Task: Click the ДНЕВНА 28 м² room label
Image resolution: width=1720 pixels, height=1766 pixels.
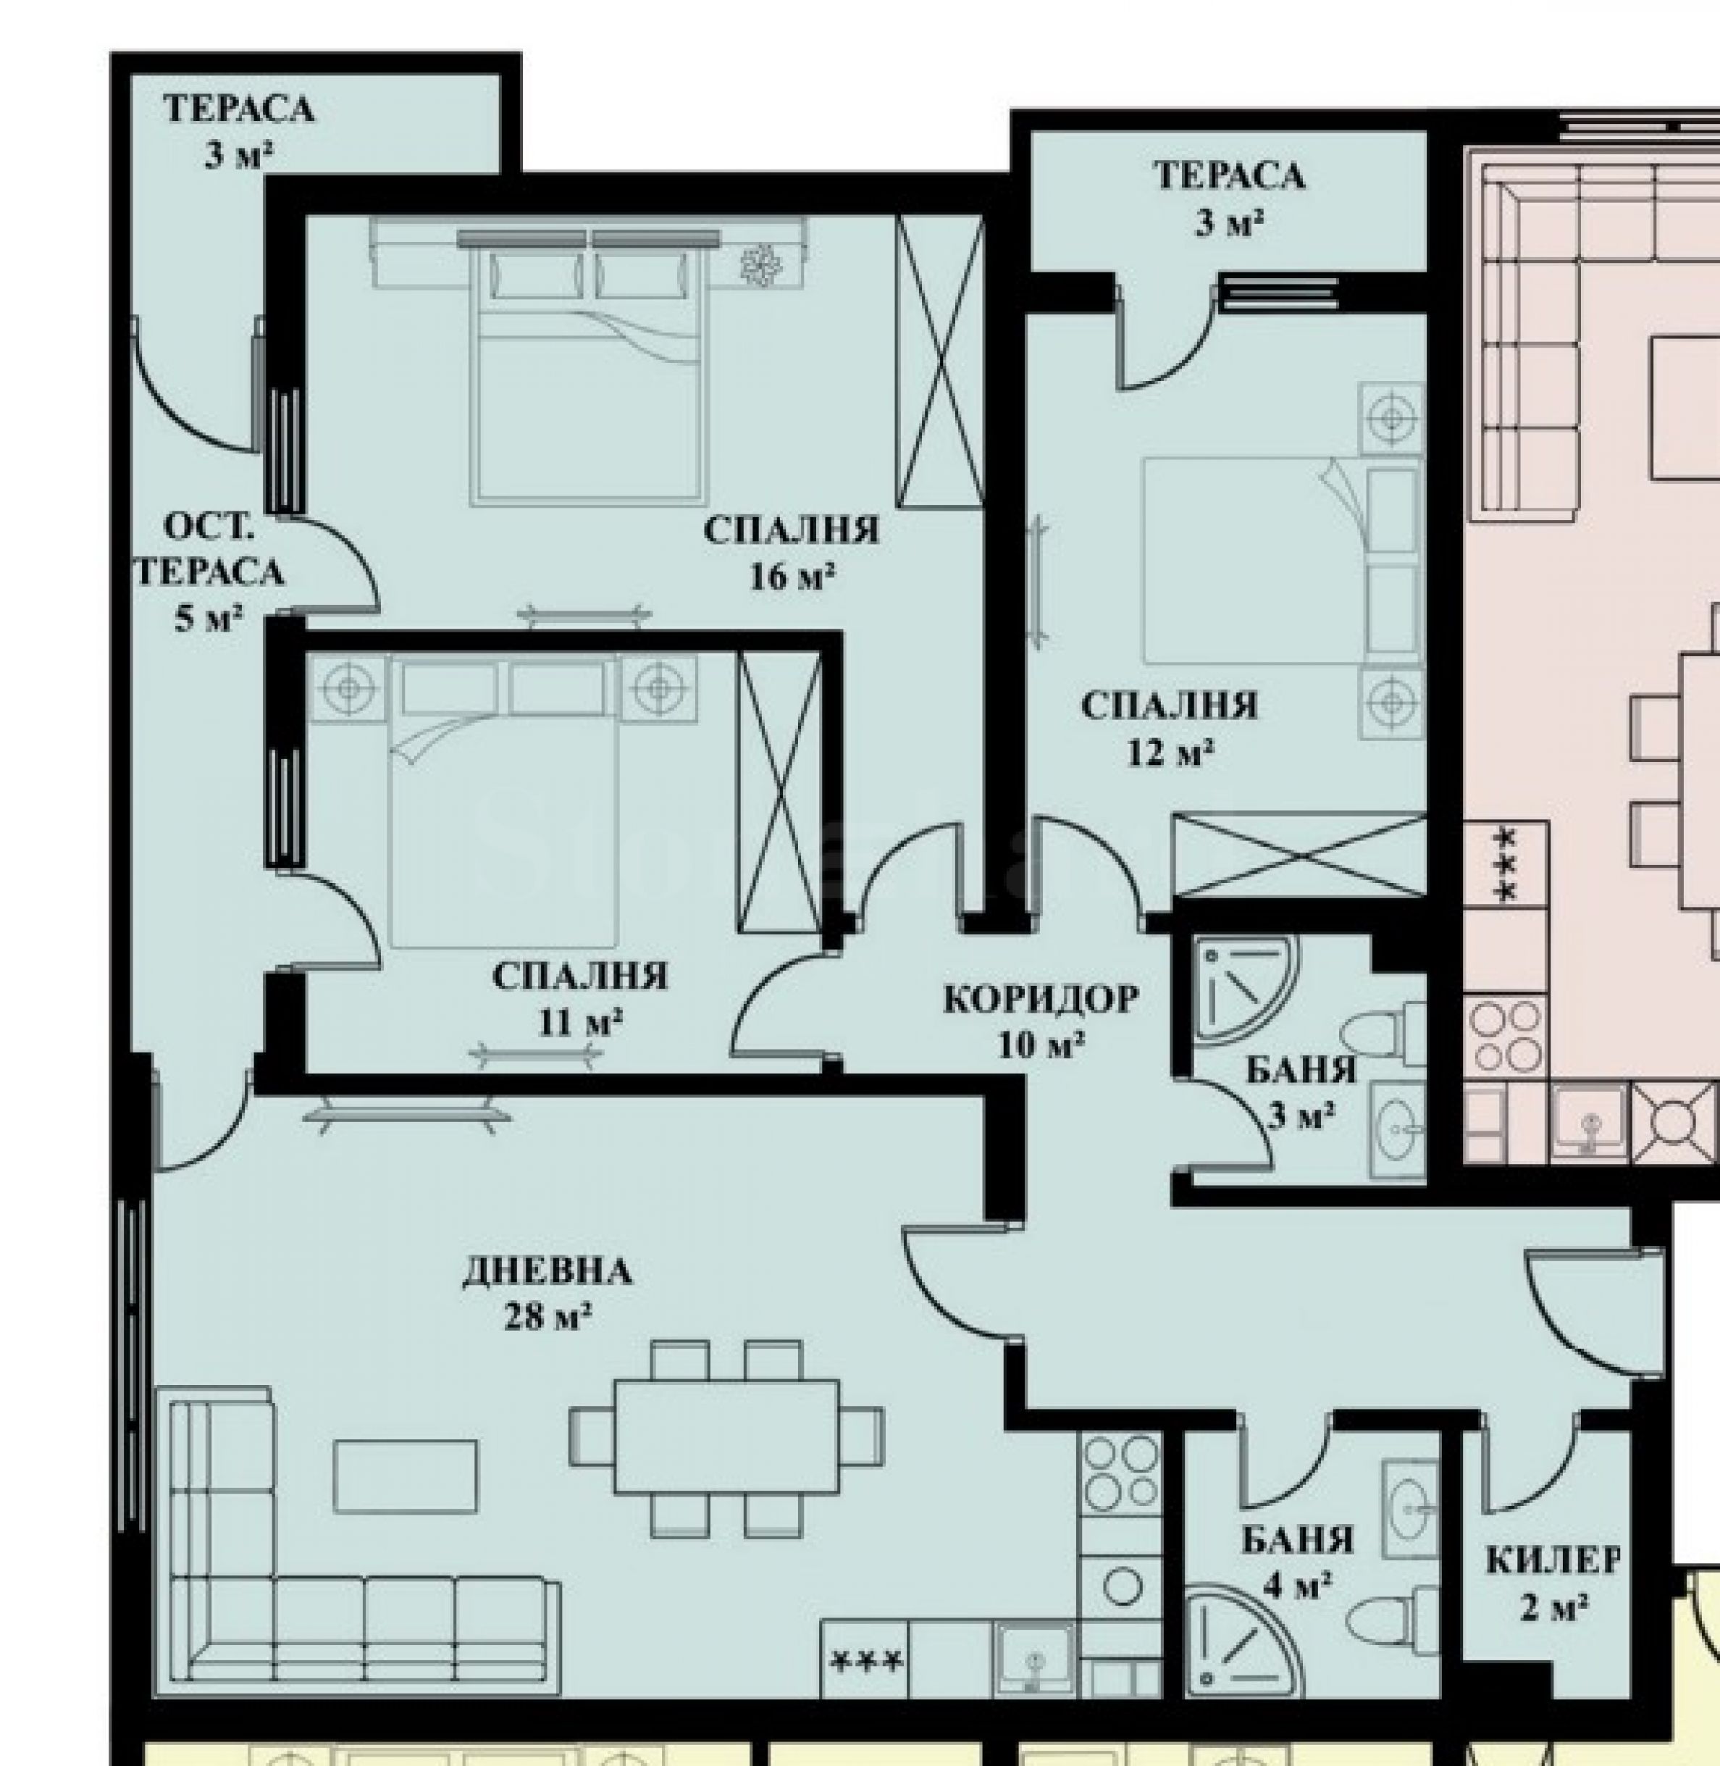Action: pos(547,1294)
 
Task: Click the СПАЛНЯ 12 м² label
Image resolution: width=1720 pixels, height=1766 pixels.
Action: pos(1169,729)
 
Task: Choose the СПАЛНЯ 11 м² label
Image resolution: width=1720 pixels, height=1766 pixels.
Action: pos(580,999)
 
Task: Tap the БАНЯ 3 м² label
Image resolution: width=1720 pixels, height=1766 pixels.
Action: pos(1301,1093)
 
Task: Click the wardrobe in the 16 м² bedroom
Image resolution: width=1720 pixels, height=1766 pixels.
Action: pos(939,361)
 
